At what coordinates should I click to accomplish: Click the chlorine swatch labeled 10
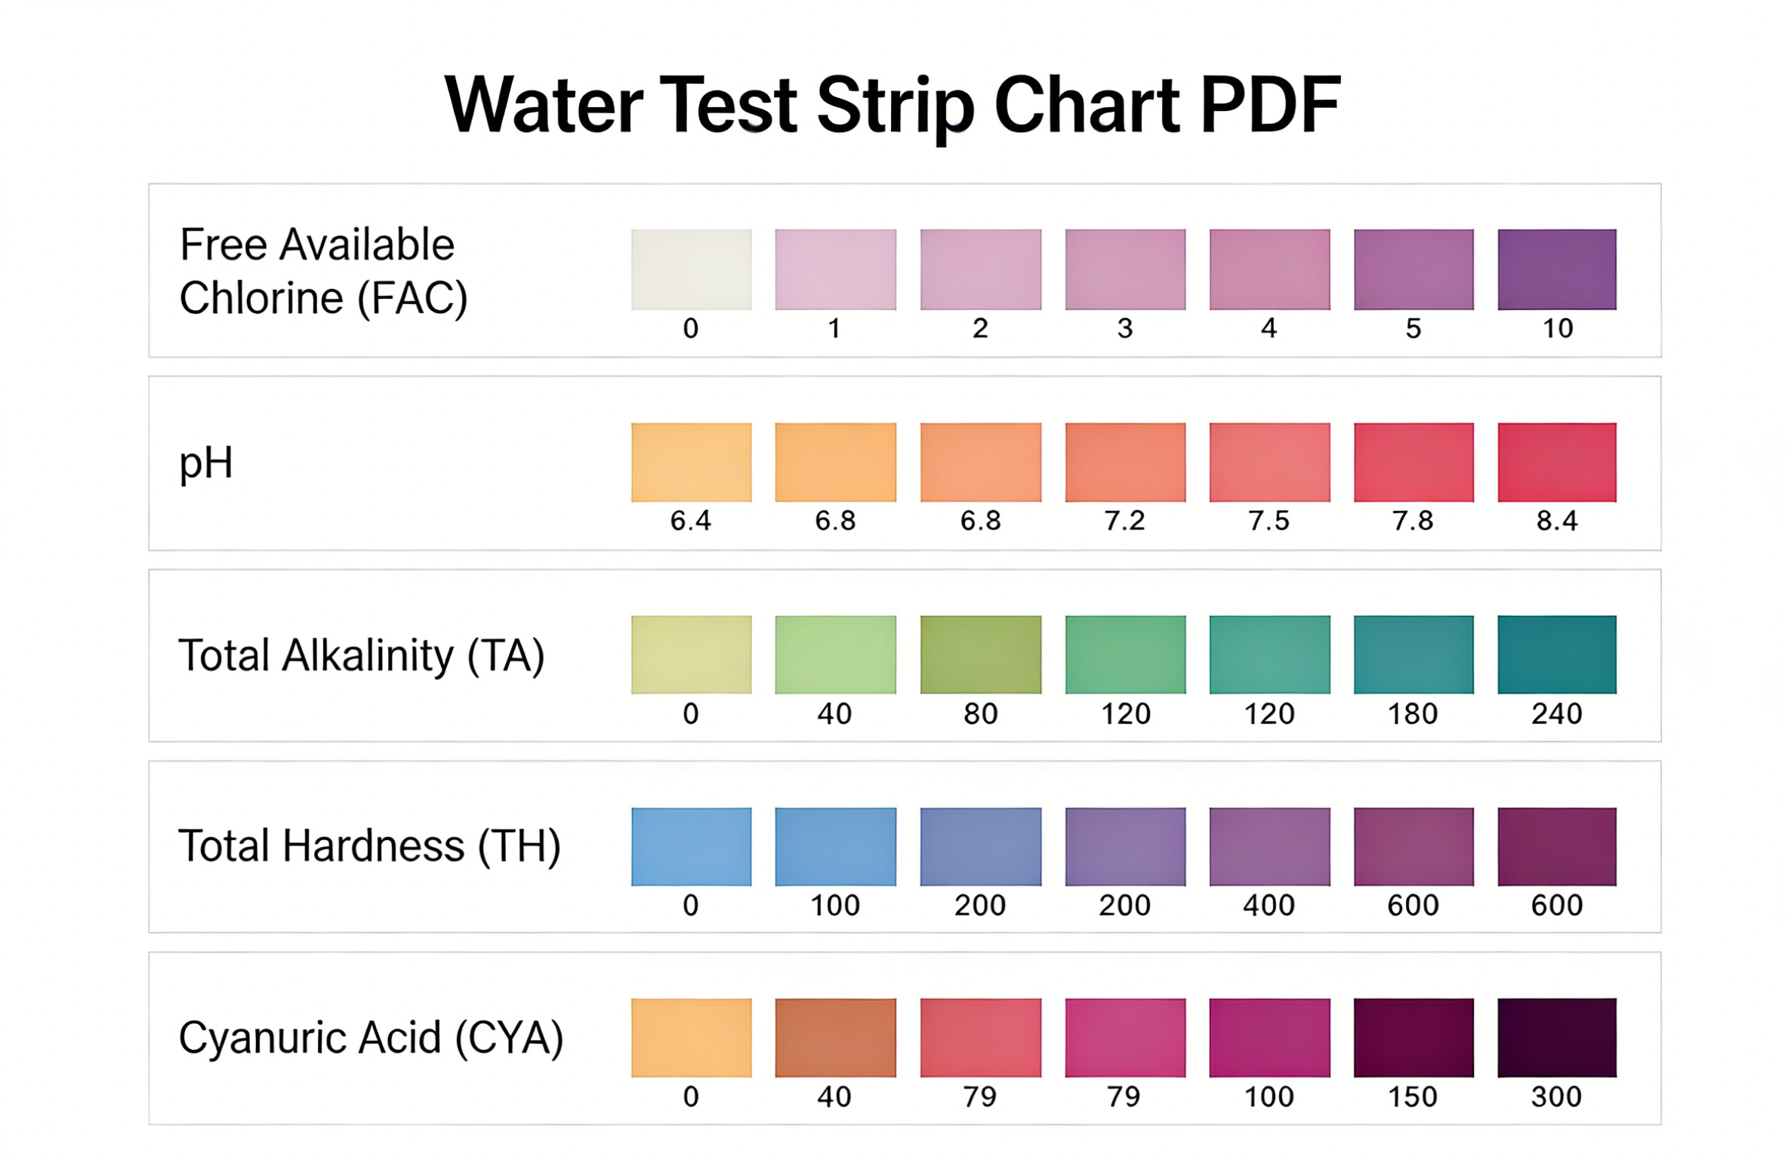point(1556,269)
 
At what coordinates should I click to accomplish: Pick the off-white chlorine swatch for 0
point(691,269)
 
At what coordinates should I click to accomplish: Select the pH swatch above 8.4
point(1556,462)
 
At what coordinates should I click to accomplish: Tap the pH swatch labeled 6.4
point(691,462)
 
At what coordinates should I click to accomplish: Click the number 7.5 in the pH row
point(1269,521)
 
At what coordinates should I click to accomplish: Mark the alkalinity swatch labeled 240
point(1556,654)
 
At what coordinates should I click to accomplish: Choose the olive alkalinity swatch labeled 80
point(980,654)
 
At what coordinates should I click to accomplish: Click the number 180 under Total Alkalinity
point(1413,714)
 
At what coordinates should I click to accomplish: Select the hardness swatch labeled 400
point(1269,846)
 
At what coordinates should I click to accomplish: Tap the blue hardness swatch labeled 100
point(835,846)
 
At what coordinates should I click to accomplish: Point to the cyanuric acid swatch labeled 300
point(1556,1037)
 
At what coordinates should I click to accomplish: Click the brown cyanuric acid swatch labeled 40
point(835,1037)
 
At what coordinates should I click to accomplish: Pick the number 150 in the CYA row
point(1413,1097)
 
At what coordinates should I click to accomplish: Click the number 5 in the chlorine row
point(1413,329)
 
